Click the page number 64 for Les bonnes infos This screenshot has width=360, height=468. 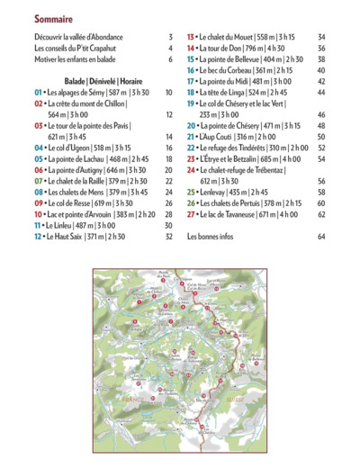click(x=321, y=237)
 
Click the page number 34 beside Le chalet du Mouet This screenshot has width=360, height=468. click(x=321, y=38)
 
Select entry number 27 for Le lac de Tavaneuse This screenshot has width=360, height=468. click(x=191, y=214)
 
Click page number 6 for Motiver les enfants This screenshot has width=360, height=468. click(x=169, y=59)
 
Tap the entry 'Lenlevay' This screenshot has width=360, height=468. click(x=226, y=192)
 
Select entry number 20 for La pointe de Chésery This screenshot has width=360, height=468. click(x=191, y=126)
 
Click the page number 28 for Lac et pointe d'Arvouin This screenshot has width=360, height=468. click(x=168, y=214)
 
